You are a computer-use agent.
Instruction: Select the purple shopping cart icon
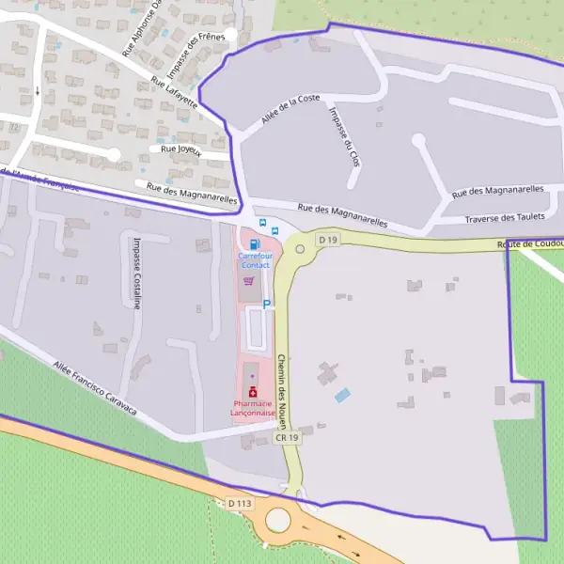(249, 280)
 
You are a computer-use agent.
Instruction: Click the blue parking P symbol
(267, 304)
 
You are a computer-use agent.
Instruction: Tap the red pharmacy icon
(252, 392)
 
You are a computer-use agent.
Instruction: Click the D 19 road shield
(327, 240)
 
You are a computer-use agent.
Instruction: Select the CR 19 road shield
(288, 437)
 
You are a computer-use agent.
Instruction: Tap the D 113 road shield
(240, 504)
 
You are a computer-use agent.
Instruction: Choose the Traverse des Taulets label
(505, 217)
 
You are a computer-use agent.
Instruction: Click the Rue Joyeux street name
(182, 149)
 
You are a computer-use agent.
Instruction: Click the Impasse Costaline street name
(137, 273)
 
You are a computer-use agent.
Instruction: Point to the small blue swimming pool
(342, 396)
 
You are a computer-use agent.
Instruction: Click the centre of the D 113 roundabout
(278, 519)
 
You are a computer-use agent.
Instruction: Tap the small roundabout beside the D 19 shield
(301, 249)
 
